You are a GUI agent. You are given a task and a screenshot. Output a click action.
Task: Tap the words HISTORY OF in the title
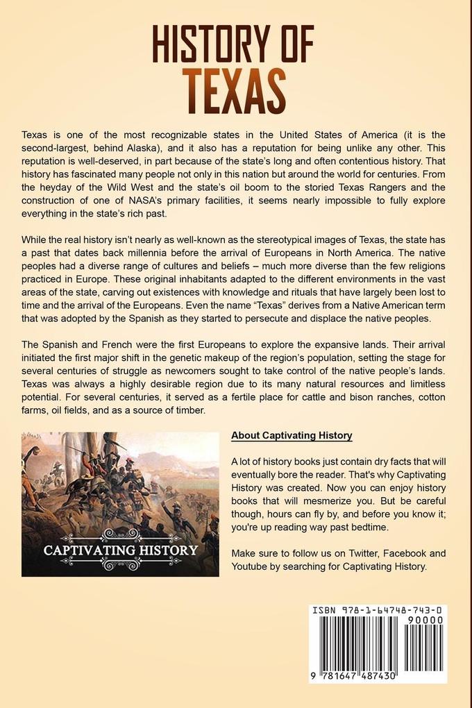click(236, 44)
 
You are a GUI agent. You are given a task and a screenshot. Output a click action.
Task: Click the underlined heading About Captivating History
click(292, 436)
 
